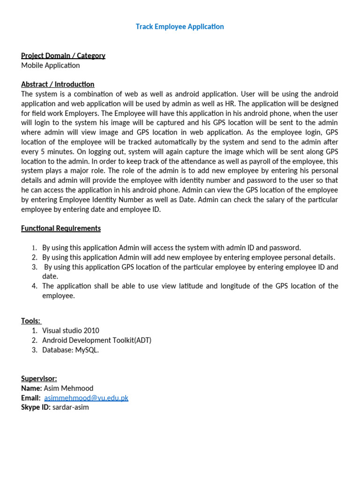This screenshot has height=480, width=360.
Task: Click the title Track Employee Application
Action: pos(180,27)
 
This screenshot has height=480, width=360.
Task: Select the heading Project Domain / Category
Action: pos(63,56)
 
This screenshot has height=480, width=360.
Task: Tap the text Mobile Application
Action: pos(51,66)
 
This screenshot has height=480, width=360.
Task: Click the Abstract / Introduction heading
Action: pos(58,84)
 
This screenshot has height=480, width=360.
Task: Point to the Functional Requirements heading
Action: pos(61,228)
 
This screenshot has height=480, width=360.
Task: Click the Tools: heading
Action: pos(31,321)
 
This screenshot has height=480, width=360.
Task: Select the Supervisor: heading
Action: pos(39,378)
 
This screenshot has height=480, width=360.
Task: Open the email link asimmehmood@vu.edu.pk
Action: pos(86,398)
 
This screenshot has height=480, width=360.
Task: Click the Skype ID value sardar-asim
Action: pos(71,407)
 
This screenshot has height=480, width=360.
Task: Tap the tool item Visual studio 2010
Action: pos(71,330)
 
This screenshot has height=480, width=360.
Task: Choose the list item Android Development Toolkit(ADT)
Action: pos(97,340)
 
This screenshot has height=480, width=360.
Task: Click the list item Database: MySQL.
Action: pos(71,350)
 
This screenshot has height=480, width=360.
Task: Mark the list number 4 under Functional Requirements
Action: pos(34,286)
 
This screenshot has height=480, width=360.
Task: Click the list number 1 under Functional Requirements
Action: pos(34,248)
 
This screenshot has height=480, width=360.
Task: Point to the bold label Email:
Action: pos(31,398)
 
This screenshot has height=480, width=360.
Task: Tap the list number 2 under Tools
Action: pos(34,340)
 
